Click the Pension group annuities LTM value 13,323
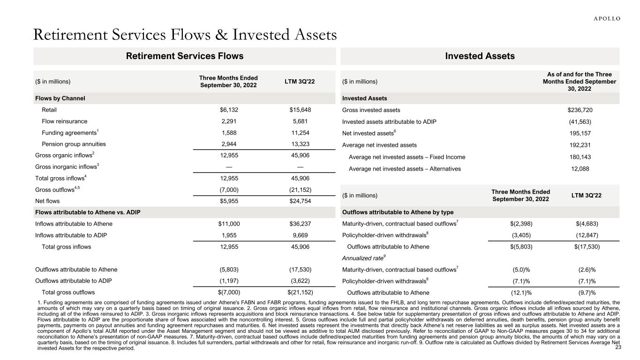(300, 144)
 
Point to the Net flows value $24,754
(300, 200)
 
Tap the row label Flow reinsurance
(64, 121)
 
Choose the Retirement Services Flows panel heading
(185, 56)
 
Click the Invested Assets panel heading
(481, 56)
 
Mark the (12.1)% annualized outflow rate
(521, 293)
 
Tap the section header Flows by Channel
(60, 98)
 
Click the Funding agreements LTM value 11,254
(300, 133)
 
